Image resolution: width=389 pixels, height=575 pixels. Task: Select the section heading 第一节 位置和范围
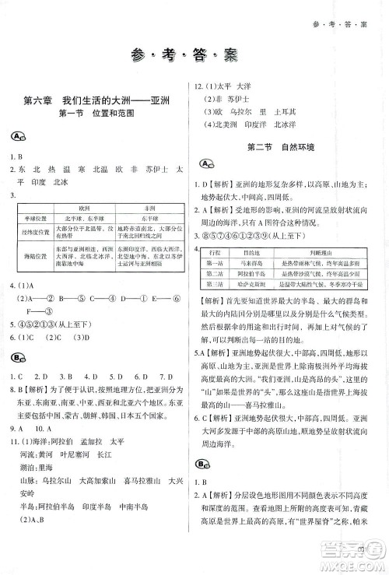pyautogui.click(x=96, y=114)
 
